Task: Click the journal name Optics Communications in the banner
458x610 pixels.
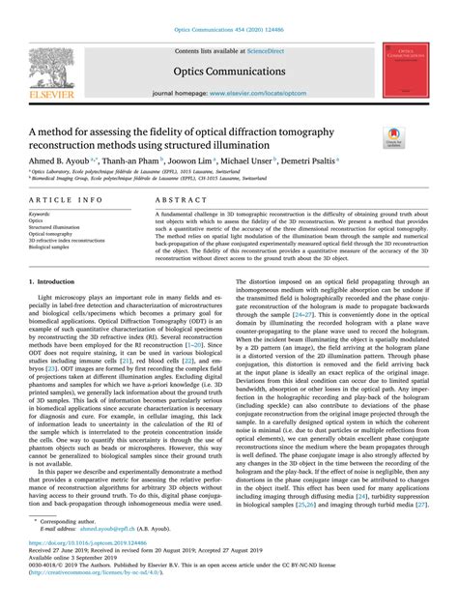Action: click(228, 71)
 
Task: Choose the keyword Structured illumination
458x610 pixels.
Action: click(53, 227)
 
